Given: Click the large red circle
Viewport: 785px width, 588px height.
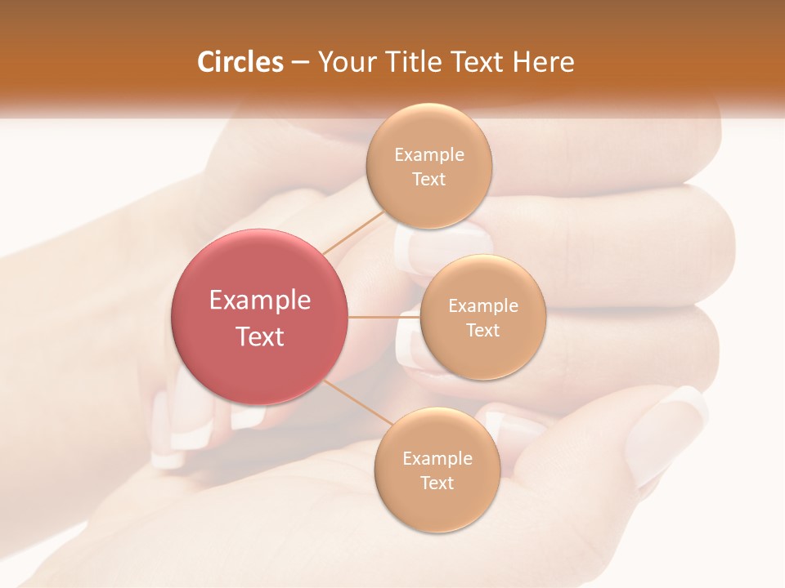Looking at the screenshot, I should (x=260, y=317).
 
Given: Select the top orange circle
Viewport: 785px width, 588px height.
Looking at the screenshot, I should (x=428, y=166).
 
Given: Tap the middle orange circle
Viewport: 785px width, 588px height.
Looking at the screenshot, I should (x=482, y=317).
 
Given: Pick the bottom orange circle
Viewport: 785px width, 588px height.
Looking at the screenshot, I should (x=437, y=470).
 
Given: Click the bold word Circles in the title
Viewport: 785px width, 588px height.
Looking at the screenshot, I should (x=240, y=62).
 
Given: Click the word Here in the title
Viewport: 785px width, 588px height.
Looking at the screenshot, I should (x=544, y=62).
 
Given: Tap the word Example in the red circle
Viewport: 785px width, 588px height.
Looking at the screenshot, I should (x=260, y=300).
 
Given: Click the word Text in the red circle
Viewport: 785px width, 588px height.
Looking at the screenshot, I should (x=260, y=336).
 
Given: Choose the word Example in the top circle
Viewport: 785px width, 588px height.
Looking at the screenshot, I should (x=429, y=154).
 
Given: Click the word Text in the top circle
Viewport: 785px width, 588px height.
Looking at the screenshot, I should (x=428, y=179).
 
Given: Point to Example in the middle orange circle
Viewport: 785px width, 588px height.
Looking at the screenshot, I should (x=483, y=305).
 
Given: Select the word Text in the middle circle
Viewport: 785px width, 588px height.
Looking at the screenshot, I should (x=482, y=330).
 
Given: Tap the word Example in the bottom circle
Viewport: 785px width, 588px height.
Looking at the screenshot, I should (x=437, y=458).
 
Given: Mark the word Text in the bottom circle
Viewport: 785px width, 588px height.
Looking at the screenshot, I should (x=437, y=483).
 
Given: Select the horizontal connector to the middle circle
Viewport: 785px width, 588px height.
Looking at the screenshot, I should (x=384, y=317).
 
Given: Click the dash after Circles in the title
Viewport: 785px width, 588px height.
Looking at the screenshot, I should (x=300, y=62).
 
